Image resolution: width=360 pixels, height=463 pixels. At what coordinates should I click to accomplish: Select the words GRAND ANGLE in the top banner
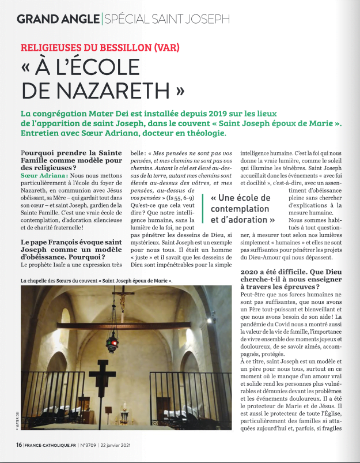tap(56, 19)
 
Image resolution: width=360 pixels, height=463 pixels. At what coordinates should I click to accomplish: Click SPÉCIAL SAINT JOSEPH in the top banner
tap(165, 19)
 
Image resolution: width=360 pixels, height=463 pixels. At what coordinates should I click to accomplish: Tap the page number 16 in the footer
tap(19, 445)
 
